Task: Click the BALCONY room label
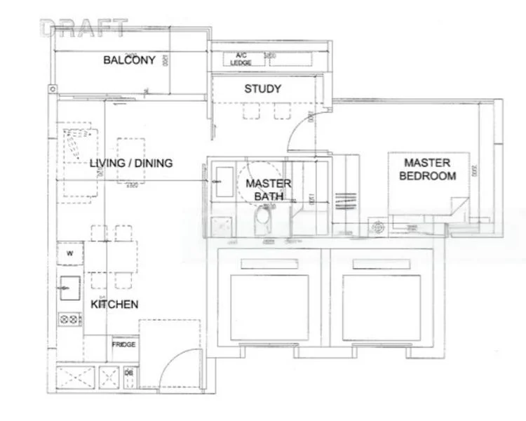[129, 60]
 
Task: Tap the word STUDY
[262, 89]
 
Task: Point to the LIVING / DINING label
[131, 163]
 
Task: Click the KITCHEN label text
[114, 305]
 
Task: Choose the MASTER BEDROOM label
[427, 169]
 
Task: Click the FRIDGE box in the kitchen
[123, 345]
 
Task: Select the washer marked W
[70, 253]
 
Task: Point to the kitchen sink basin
[69, 286]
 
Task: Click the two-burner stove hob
[70, 320]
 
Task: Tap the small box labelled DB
[129, 375]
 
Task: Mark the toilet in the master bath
[261, 224]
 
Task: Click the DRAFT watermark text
[84, 28]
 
